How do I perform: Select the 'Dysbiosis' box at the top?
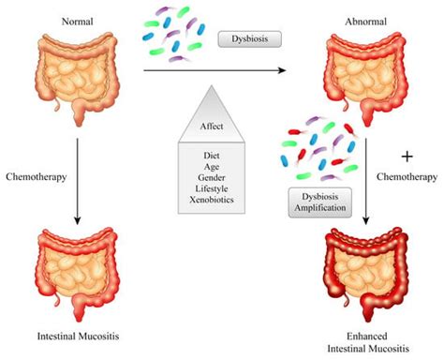click(x=249, y=40)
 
